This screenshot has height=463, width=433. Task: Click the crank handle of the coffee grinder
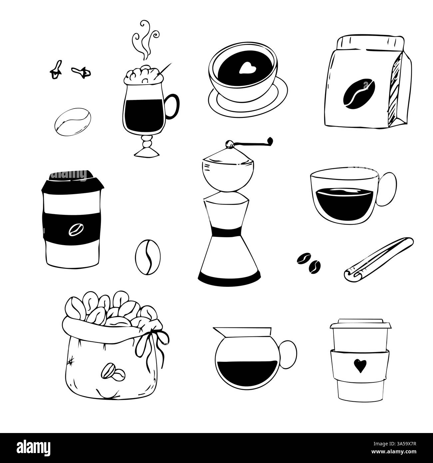pos(252,142)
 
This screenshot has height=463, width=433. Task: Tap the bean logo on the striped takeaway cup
pos(74,230)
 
